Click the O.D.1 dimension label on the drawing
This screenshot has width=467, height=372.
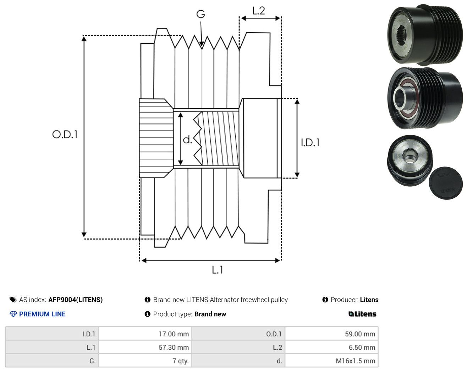(x=65, y=134)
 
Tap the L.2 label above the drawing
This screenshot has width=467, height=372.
(x=258, y=11)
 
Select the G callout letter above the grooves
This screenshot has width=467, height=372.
(x=200, y=14)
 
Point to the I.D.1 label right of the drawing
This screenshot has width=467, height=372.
(x=310, y=143)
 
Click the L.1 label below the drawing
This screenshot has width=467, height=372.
(x=217, y=270)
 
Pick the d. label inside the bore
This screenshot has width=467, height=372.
(x=187, y=139)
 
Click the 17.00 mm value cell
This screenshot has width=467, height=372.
(x=145, y=334)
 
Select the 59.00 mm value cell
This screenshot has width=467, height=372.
(x=331, y=334)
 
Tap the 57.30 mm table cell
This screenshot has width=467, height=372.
(x=145, y=347)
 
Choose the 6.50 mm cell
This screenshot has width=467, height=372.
(x=331, y=347)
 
